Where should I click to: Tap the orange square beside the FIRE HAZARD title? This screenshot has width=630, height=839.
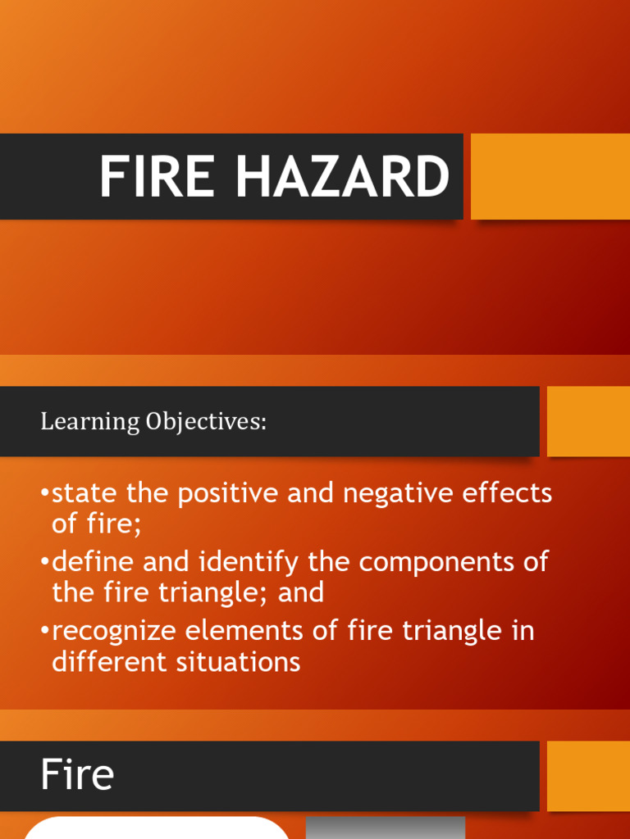point(550,176)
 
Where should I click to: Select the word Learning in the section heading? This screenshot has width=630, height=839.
point(90,422)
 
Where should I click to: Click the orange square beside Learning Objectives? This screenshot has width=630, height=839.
point(588,421)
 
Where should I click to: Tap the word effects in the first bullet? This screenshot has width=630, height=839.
point(510,494)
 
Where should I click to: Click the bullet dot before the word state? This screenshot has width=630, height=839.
point(44,495)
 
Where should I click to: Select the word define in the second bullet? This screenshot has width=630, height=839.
point(91,562)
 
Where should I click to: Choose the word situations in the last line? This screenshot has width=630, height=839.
point(240,661)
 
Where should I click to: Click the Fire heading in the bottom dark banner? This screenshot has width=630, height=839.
point(77,775)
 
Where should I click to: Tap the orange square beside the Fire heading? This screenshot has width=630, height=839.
point(588,776)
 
